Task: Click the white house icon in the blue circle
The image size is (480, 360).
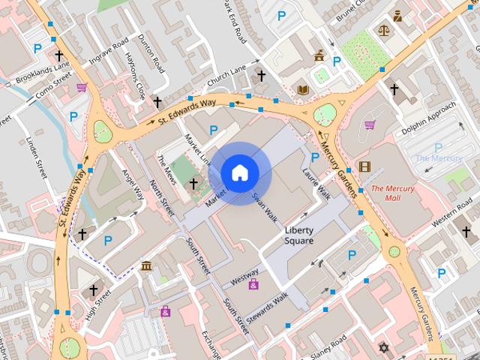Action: pyautogui.click(x=239, y=173)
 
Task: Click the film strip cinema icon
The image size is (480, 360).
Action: pyautogui.click(x=364, y=166)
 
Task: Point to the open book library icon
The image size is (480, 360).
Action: pyautogui.click(x=303, y=90)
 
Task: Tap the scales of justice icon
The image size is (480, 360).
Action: pyautogui.click(x=385, y=31)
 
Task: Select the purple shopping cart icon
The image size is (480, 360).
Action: pyautogui.click(x=370, y=124)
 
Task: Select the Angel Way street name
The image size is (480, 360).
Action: pyautogui.click(x=133, y=183)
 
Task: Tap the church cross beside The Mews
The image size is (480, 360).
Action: pyautogui.click(x=193, y=183)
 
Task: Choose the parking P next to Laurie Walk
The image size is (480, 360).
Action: pyautogui.click(x=315, y=157)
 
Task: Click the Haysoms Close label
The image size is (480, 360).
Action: pyautogui.click(x=135, y=82)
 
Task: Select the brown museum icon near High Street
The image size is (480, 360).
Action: pyautogui.click(x=146, y=266)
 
